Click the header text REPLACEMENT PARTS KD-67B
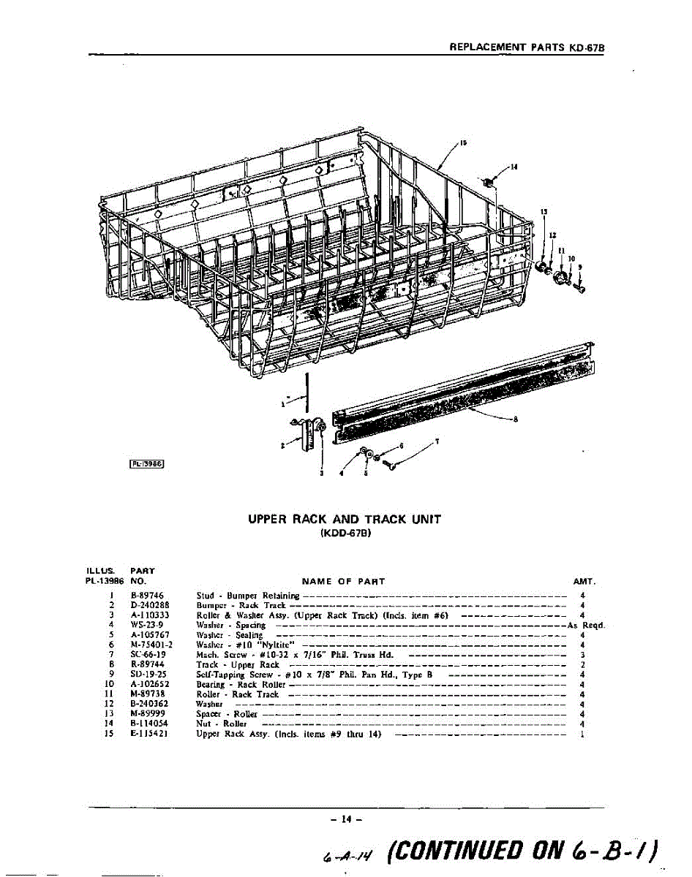coord(530,46)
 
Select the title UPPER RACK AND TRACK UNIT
coord(345,520)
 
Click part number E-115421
coord(150,734)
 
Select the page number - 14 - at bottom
coord(342,821)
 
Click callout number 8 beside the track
coord(516,419)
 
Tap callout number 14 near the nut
coord(515,167)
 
